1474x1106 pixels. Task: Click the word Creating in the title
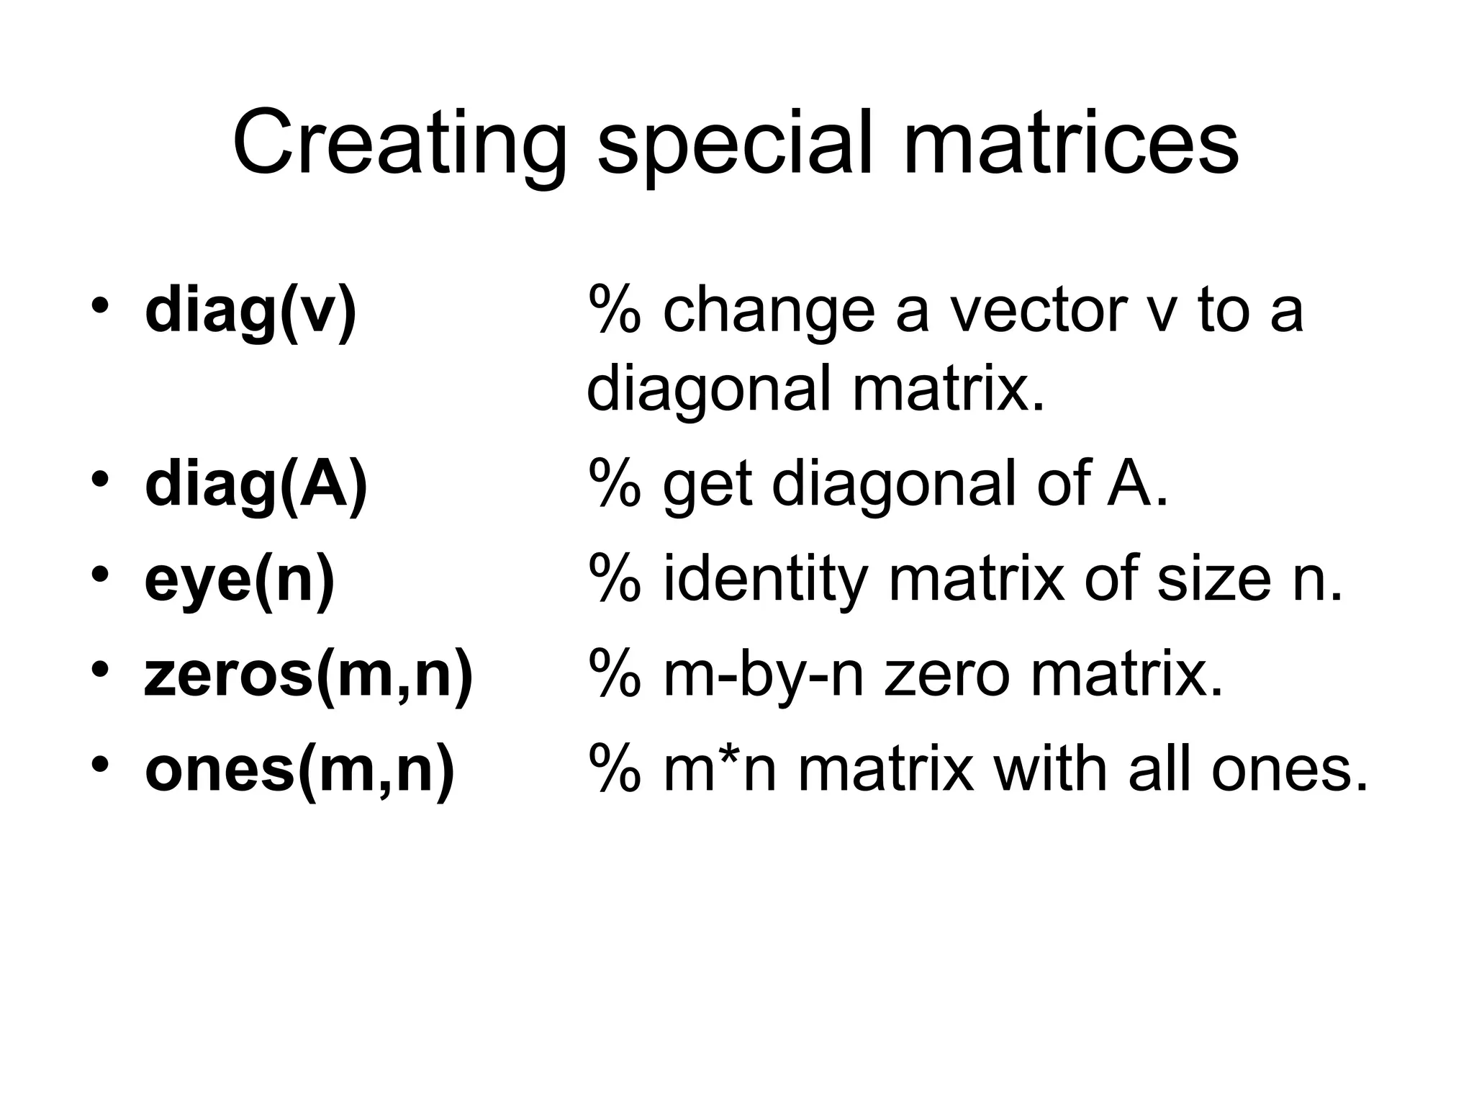click(399, 142)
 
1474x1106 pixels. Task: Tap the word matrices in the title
click(1071, 142)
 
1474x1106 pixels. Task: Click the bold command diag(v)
click(250, 310)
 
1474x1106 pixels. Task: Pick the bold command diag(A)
click(256, 484)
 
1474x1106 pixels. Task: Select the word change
click(769, 310)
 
